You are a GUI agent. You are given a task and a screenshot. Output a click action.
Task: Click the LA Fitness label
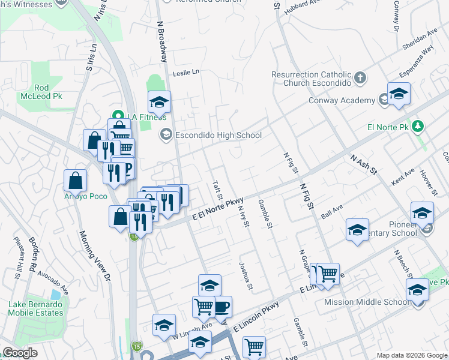tap(137, 116)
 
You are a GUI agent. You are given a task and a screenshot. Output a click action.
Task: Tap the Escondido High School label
tap(218, 135)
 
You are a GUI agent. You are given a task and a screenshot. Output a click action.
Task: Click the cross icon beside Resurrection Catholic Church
tap(360, 78)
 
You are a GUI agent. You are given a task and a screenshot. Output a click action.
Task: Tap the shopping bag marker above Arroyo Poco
tap(75, 180)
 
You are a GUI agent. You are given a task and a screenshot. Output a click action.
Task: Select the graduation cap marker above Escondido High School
tap(159, 103)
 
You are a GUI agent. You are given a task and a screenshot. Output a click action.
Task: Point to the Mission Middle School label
tap(366, 302)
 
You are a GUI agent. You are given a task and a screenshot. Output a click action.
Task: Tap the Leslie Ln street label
tap(185, 73)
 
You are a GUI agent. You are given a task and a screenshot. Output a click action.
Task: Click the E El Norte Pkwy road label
tap(218, 208)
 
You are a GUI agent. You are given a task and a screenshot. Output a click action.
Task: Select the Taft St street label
tap(218, 191)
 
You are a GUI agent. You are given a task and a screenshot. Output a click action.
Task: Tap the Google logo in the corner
tap(20, 353)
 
